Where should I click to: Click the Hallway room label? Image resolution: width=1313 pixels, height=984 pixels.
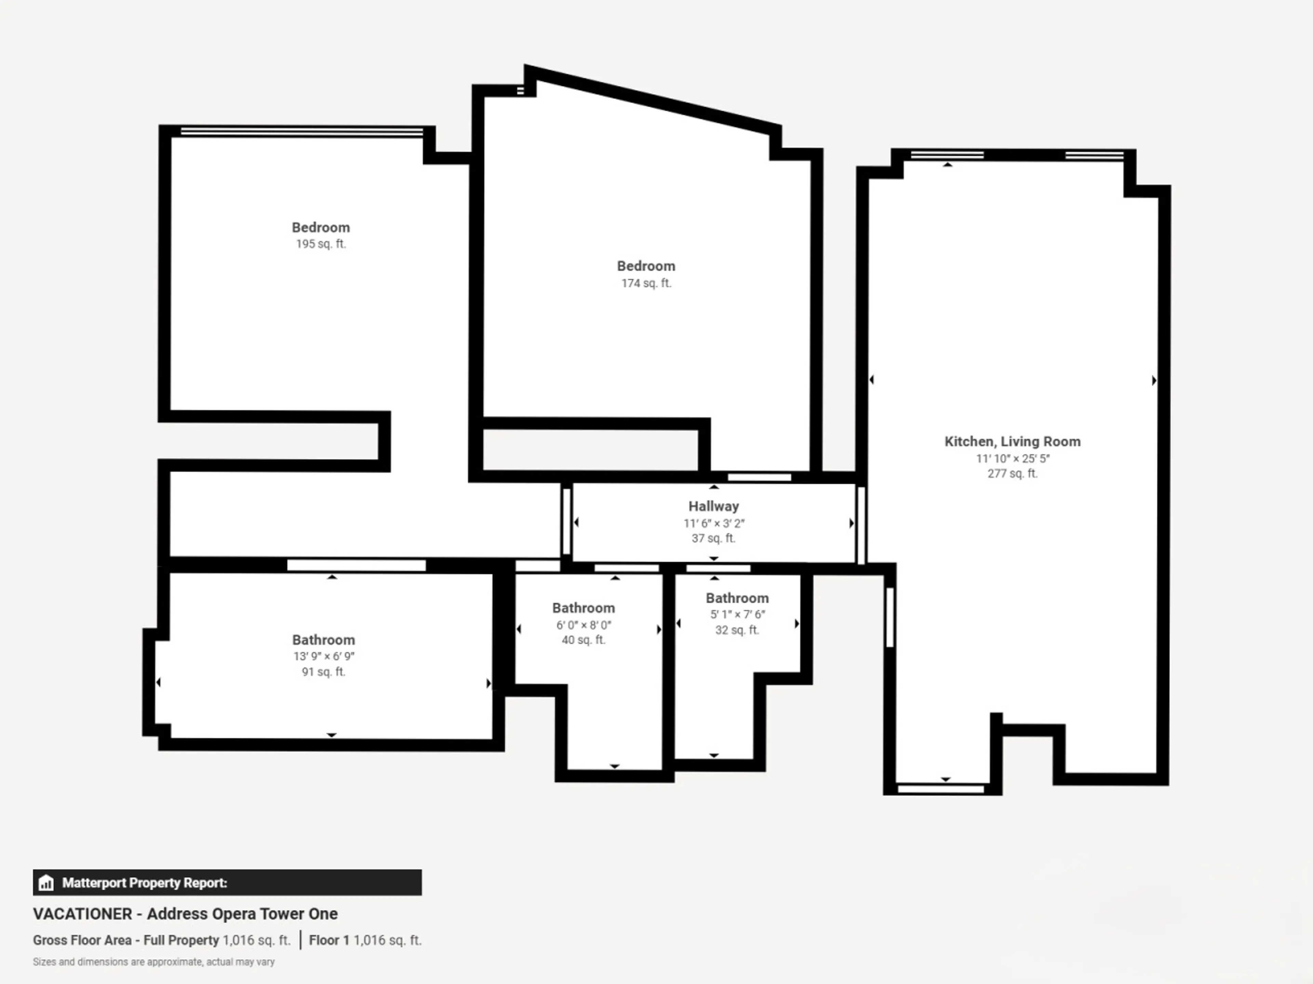(714, 506)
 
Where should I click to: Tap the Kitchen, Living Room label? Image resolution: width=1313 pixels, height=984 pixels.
(1012, 441)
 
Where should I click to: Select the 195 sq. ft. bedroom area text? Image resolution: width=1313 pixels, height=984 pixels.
(320, 244)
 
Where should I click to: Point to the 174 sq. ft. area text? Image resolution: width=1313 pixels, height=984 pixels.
(646, 283)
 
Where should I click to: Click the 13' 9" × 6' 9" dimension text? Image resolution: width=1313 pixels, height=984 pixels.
(323, 656)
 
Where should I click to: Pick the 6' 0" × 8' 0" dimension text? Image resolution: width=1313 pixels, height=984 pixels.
(583, 625)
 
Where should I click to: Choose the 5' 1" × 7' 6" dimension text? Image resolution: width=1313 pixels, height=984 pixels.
(737, 614)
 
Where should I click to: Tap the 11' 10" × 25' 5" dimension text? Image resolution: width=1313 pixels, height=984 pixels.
(1013, 459)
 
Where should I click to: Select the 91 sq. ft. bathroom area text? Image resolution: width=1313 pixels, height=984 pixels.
(323, 671)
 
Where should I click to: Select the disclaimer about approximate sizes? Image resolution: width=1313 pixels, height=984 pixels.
(154, 962)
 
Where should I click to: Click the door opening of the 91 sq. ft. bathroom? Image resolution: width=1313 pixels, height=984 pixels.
(356, 565)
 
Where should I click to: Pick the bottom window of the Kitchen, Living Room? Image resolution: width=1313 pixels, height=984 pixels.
(941, 789)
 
